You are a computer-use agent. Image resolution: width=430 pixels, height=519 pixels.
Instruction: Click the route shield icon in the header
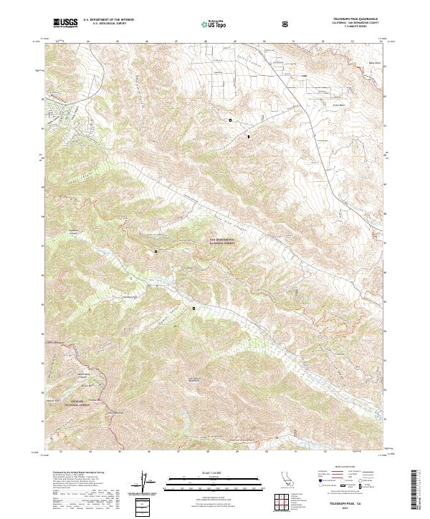coord(286,24)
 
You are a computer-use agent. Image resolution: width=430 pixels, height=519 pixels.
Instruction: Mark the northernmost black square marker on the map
coord(230,120)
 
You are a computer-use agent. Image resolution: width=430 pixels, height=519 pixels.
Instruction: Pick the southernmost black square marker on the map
coord(193,308)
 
